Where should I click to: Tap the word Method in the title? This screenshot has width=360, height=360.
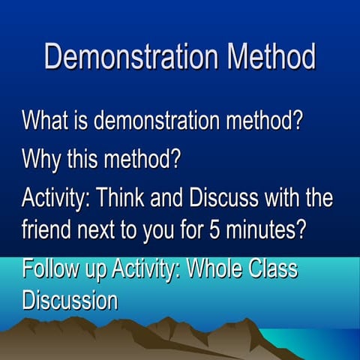tap(259, 58)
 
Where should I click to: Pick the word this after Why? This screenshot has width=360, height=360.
tap(88, 160)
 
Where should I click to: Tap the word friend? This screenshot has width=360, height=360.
tap(47, 229)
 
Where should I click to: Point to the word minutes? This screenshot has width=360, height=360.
tap(263, 229)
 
